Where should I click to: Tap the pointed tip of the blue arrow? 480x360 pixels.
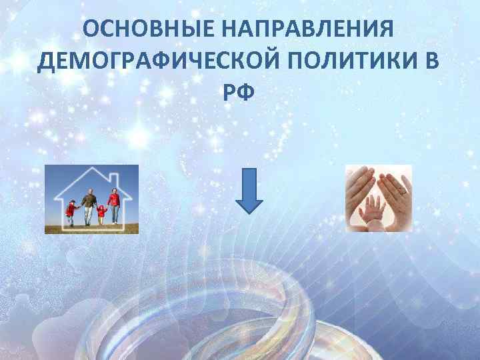pos(249,211)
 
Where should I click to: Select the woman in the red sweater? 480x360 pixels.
pos(114,203)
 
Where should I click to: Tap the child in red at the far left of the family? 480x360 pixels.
pos(71,211)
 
